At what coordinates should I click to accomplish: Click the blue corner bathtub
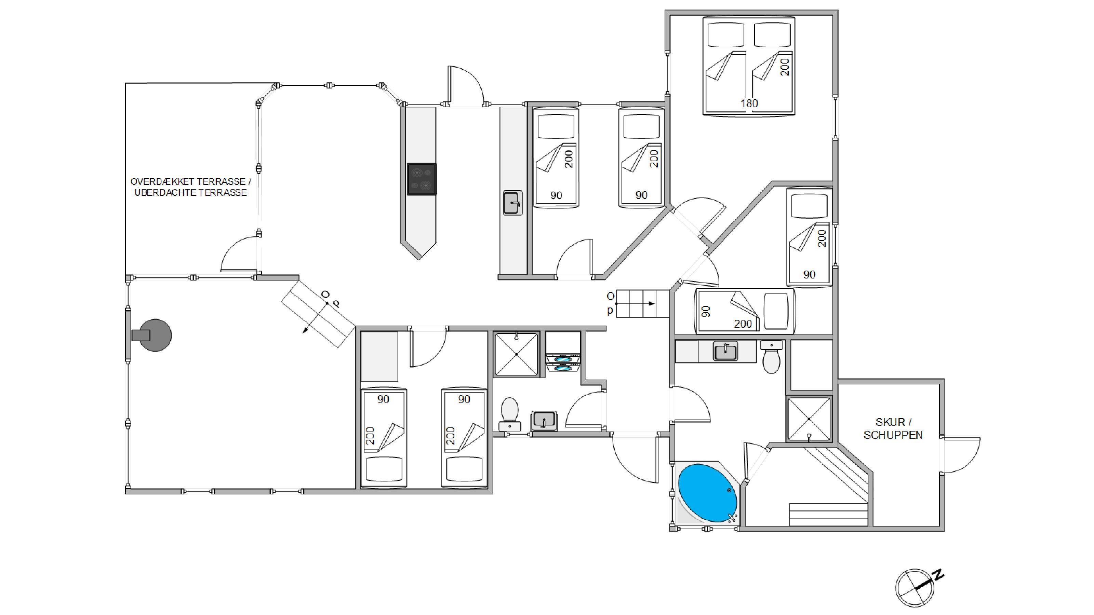707,493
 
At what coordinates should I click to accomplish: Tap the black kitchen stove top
422,179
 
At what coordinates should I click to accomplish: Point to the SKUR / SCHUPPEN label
893,429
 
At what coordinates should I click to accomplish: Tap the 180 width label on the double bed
749,103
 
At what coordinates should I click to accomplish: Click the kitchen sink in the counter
512,203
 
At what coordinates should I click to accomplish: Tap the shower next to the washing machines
517,354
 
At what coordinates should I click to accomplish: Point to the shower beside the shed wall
809,419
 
